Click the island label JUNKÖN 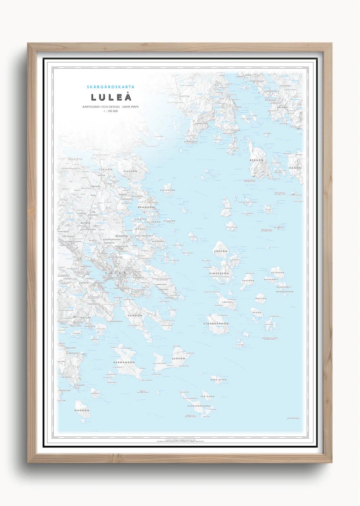179,359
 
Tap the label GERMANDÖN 124,363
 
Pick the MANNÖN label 82,410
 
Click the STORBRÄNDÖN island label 216,324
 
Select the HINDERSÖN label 219,273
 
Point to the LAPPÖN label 221,252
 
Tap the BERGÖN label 256,161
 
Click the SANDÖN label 135,315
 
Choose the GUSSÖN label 130,171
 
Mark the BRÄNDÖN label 146,207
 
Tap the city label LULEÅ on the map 115,274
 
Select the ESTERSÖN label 277,272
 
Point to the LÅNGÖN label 228,302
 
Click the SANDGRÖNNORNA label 199,406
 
